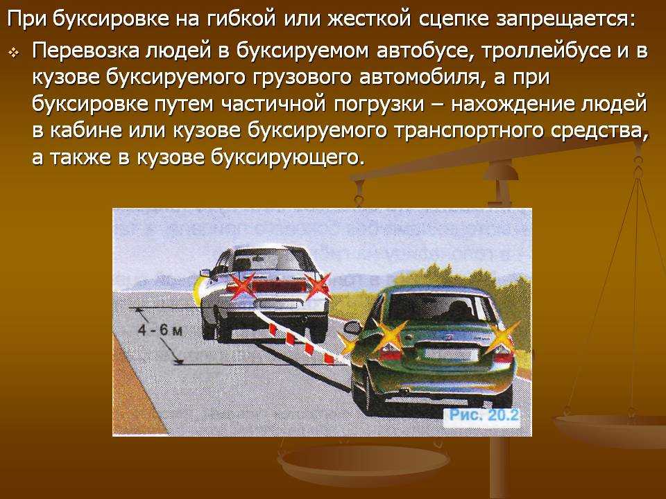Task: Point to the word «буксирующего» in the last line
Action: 287,158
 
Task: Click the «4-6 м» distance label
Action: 160,330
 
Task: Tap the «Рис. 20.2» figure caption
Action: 484,415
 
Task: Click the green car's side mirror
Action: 353,328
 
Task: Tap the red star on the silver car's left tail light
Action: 241,286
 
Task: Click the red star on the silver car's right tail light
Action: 317,286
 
